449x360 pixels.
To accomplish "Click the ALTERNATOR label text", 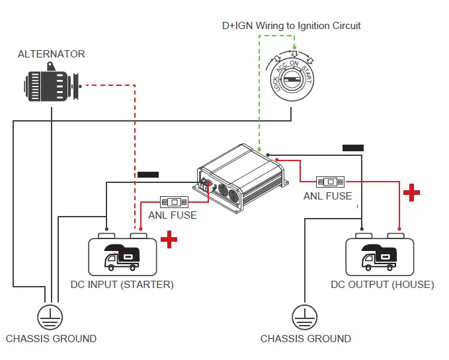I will coord(51,54).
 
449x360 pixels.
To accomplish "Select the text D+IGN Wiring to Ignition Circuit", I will coord(291,26).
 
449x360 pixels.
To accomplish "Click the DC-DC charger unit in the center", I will coord(242,178).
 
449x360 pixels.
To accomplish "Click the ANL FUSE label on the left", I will coord(173,215).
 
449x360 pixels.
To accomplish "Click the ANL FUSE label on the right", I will coord(328,196).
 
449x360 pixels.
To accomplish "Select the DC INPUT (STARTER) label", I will coord(122,285).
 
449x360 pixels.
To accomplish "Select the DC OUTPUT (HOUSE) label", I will coord(382,285).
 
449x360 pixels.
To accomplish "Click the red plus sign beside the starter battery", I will coord(169,240).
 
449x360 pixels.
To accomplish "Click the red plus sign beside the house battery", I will coord(412,192).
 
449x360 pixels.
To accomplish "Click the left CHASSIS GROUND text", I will coord(51,339).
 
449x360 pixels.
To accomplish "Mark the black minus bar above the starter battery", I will coord(147,174).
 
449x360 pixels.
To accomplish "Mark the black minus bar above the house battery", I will coord(353,147).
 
